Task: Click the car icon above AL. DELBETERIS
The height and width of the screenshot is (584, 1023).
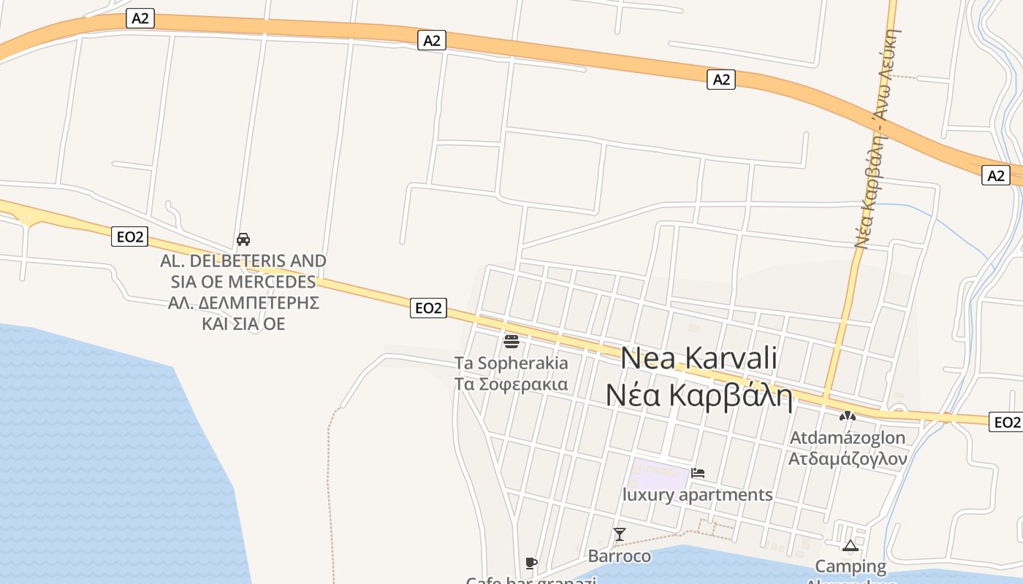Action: point(243,239)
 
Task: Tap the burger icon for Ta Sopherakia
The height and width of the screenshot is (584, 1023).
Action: point(512,341)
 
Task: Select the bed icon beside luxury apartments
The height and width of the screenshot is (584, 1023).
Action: point(698,473)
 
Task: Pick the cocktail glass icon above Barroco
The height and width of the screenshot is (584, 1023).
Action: point(620,534)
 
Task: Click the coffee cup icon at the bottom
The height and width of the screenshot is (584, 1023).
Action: point(531,563)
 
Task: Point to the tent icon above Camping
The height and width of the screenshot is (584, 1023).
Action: point(850,545)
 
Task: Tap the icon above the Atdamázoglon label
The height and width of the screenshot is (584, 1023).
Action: point(847,417)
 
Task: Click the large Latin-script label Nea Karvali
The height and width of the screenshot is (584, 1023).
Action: point(699,358)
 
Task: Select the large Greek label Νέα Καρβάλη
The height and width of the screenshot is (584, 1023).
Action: point(699,395)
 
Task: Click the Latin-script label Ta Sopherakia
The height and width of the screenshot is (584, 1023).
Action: point(511,363)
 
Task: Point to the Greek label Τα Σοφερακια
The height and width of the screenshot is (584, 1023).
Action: point(511,384)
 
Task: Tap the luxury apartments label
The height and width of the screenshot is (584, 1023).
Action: point(697,495)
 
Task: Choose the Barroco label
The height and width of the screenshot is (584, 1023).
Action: point(620,556)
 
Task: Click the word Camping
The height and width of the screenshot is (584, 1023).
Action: point(850,566)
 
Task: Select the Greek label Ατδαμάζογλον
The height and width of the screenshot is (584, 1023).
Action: point(847,459)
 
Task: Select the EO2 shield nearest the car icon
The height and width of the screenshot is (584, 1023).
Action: point(130,237)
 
